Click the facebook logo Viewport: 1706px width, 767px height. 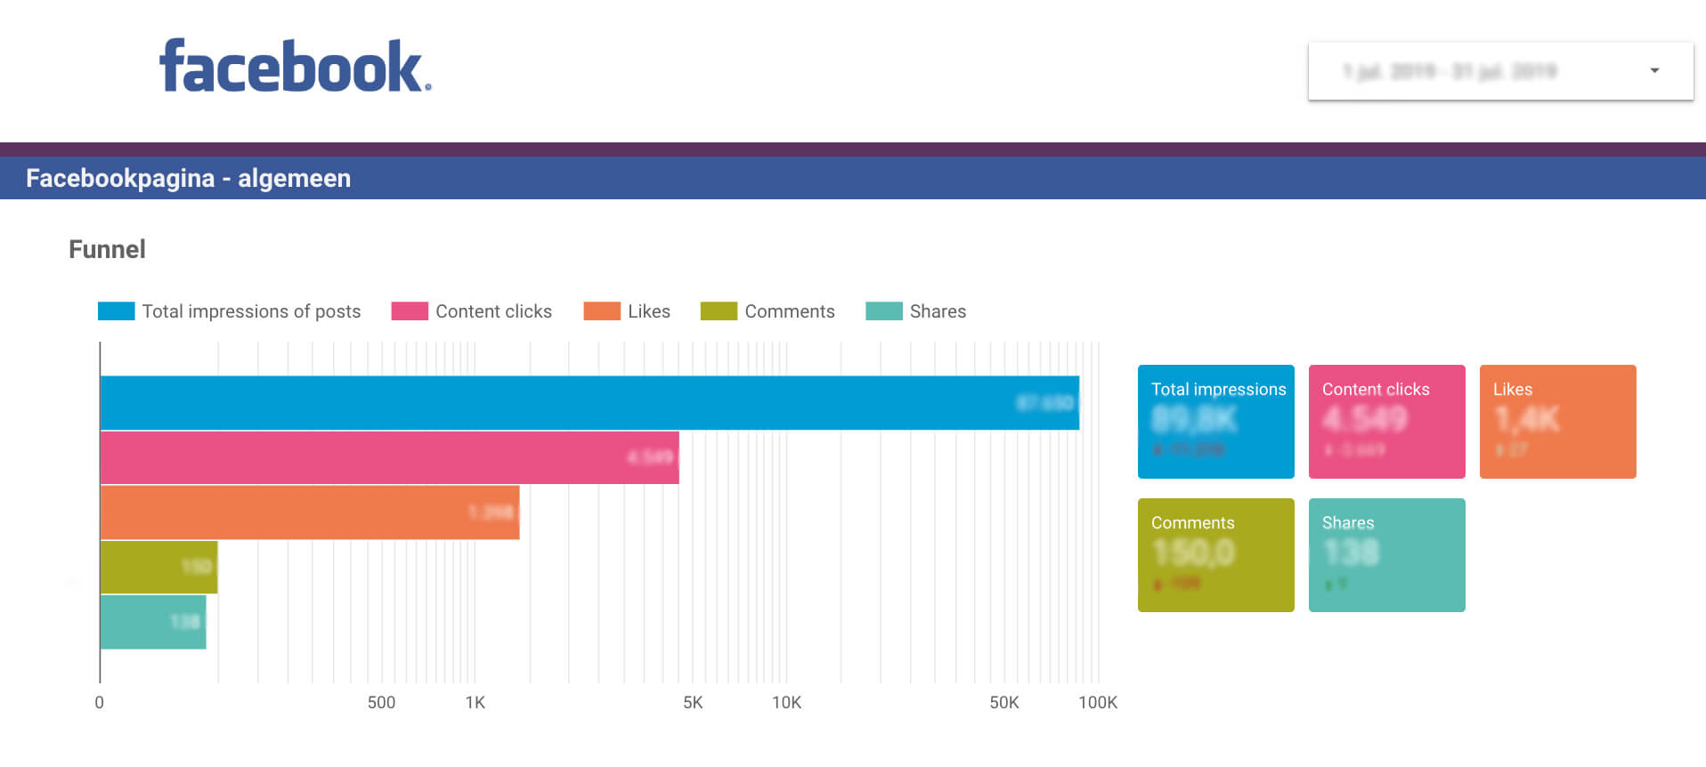click(295, 66)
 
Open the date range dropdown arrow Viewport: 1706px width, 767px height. click(1654, 70)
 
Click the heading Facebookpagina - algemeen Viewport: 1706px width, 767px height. click(188, 178)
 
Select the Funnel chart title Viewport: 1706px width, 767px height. click(107, 249)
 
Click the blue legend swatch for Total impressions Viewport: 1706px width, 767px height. click(116, 311)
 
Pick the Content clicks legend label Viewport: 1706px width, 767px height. click(493, 311)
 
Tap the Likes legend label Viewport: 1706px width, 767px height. click(648, 311)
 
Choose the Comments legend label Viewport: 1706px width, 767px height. click(789, 311)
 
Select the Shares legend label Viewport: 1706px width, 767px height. click(938, 311)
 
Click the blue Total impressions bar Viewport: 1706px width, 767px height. click(588, 403)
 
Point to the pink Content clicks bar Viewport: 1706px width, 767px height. click(389, 457)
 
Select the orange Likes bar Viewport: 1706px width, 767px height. click(309, 513)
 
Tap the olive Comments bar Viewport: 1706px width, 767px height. click(158, 567)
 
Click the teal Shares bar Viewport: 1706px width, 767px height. click(152, 622)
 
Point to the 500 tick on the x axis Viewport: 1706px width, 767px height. click(381, 702)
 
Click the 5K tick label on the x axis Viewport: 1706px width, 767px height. click(693, 702)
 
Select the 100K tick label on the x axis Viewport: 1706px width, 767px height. click(1097, 702)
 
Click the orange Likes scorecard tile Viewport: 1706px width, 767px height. click(1557, 422)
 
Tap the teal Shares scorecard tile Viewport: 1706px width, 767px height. click(1386, 555)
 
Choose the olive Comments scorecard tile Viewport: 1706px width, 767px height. click(1215, 555)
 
